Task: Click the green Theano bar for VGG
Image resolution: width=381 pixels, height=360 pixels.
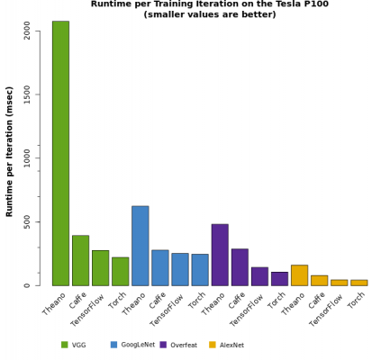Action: [60, 153]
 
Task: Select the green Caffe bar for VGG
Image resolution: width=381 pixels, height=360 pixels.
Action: [80, 260]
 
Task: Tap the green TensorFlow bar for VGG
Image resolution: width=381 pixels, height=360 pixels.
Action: [100, 268]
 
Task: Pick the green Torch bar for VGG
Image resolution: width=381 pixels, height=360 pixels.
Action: [120, 272]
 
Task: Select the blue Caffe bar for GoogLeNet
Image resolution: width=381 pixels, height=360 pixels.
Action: [159, 268]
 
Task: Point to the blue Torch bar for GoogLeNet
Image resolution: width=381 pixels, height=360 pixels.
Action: [199, 270]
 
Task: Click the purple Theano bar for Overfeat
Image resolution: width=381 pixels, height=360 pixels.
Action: [220, 255]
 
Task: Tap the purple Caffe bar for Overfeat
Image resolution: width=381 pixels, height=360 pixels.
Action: [240, 267]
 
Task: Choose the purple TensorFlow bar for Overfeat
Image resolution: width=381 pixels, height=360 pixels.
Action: [259, 276]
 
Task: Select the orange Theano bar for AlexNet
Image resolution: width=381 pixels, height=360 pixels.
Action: [299, 275]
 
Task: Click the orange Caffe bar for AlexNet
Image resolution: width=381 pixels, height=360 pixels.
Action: [319, 281]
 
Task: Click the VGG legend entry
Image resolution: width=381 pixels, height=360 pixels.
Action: [71, 345]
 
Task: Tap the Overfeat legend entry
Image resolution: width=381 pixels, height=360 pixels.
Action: [180, 345]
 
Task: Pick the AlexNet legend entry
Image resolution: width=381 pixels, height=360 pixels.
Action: [230, 345]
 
